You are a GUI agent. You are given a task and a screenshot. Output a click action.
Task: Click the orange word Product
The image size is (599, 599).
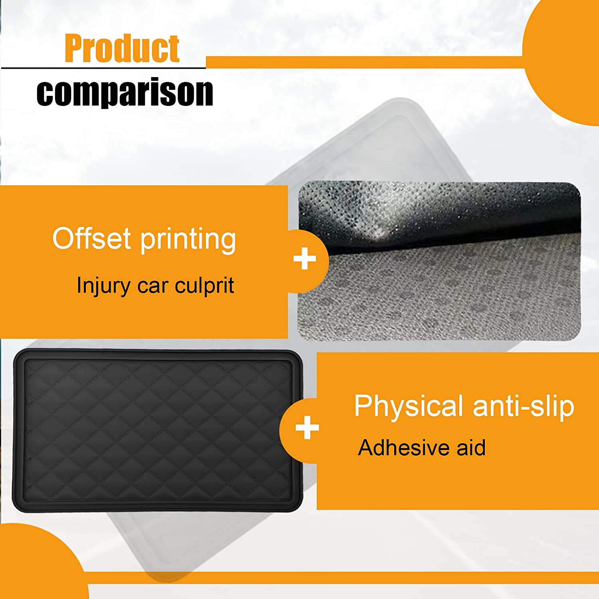[122, 49]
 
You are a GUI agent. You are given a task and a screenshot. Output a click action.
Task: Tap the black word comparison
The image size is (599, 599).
[125, 92]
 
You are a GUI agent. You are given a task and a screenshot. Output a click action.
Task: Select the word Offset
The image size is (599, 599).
[91, 238]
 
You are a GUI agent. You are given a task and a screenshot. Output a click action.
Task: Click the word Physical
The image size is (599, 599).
[409, 407]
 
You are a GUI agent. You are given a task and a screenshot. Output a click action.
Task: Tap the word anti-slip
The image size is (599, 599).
[524, 407]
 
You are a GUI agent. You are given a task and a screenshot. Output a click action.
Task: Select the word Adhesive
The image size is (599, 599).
[404, 448]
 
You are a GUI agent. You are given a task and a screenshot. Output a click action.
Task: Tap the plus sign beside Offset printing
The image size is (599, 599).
[305, 259]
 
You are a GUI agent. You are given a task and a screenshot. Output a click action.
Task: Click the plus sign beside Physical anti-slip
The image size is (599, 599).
[307, 428]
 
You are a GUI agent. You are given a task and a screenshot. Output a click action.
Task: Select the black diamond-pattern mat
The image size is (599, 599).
[158, 430]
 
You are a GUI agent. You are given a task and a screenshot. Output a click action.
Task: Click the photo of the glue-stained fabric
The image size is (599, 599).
[439, 262]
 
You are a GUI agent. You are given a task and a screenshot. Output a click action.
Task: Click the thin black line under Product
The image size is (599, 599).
[103, 68]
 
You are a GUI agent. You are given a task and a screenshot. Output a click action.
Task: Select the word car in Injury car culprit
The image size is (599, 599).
[153, 287]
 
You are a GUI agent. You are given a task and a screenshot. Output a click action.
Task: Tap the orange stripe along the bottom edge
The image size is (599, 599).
[343, 578]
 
